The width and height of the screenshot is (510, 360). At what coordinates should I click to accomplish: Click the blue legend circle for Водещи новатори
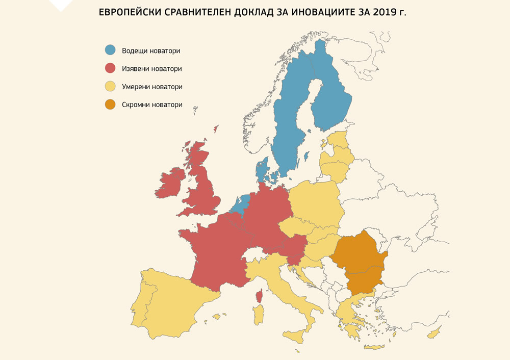[110, 50]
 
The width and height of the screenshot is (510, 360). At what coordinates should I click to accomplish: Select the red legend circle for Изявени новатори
[110, 68]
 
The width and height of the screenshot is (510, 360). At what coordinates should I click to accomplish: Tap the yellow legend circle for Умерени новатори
[110, 87]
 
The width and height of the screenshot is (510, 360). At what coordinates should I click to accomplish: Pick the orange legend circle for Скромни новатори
[110, 105]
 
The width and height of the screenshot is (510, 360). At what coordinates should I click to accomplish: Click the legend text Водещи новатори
[151, 50]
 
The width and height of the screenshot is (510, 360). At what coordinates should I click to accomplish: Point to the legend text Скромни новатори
[152, 105]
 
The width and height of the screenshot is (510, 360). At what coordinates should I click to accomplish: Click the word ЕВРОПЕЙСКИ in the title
[133, 12]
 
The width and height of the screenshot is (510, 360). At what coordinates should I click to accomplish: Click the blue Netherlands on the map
[239, 204]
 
